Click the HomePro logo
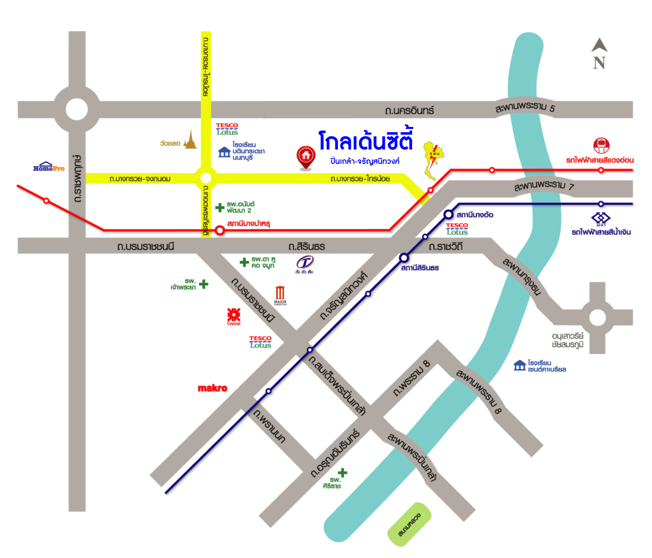[x=49, y=167]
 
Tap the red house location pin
[x=305, y=157]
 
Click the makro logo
[x=212, y=388]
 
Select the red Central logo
[x=234, y=316]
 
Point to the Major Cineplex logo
[x=280, y=295]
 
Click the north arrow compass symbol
[x=599, y=53]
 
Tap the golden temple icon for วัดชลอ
[x=191, y=140]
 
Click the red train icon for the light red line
[x=601, y=146]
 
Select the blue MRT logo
[x=601, y=219]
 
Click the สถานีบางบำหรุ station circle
[x=220, y=231]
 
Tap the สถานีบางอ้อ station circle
[x=448, y=214]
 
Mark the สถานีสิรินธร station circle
[x=403, y=258]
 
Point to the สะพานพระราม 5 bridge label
[x=525, y=108]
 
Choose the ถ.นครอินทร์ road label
[x=409, y=110]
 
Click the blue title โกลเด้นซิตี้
[x=365, y=141]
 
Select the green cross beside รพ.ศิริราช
[x=343, y=473]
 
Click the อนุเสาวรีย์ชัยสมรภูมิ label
[x=568, y=340]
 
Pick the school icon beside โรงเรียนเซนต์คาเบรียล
[x=519, y=366]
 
